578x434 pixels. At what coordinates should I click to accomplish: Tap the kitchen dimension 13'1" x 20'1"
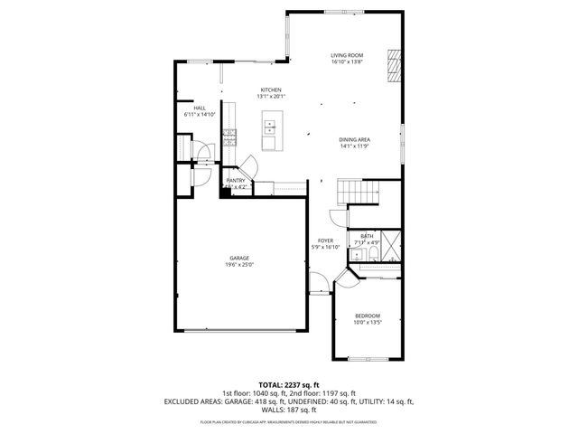coord(271,97)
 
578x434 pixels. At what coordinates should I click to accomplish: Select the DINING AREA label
coord(355,138)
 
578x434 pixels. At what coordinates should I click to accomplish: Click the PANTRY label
coord(236,181)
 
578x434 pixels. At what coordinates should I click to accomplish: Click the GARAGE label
coord(239,258)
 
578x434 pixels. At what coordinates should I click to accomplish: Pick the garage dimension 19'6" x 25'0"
coord(239,265)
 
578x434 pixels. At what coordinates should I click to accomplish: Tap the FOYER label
coord(325,241)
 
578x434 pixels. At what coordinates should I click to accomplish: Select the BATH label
coord(367,236)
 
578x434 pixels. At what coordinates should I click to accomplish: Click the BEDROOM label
coord(366,315)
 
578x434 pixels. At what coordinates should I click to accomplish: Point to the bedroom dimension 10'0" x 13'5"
coord(366,322)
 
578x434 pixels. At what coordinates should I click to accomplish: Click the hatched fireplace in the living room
coord(392,64)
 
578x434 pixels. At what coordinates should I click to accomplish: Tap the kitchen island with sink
coord(270,131)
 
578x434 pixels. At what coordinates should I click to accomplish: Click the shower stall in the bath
coord(390,244)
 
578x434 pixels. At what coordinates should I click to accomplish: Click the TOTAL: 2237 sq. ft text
coord(288,384)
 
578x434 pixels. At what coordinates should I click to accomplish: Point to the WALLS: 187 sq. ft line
coord(288,409)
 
